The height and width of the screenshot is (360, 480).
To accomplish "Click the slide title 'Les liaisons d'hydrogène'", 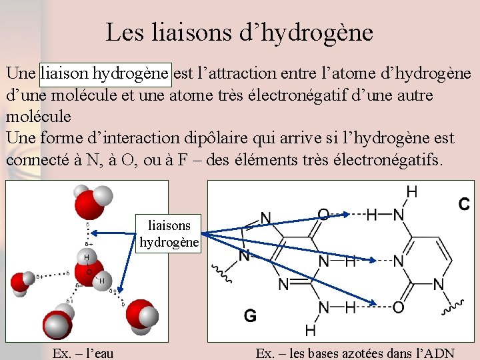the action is (239, 32).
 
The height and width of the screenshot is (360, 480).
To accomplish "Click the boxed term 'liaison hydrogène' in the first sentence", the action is (106, 72).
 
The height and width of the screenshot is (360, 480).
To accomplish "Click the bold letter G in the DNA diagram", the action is (250, 315).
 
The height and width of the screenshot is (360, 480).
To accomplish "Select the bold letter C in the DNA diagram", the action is (464, 204).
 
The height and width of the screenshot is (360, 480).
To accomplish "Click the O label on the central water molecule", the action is (89, 272).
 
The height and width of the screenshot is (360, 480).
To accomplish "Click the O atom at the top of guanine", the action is (323, 214).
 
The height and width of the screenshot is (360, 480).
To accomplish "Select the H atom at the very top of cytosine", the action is (412, 192).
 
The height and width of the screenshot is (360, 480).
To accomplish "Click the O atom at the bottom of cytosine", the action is (398, 307).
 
